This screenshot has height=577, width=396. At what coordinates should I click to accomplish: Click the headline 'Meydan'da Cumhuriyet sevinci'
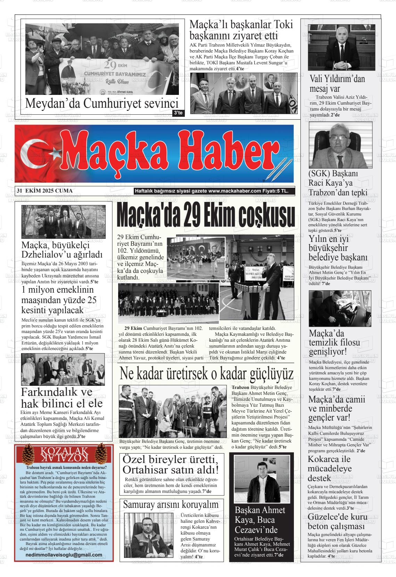pyautogui.click(x=102, y=104)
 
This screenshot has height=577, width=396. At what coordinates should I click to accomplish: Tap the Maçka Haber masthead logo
pyautogui.click(x=167, y=153)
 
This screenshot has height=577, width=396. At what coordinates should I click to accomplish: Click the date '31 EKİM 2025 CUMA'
pyautogui.click(x=44, y=191)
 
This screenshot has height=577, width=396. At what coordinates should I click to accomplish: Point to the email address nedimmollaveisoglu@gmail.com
pyautogui.click(x=64, y=555)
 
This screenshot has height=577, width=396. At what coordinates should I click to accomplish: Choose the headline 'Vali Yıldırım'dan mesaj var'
pyautogui.click(x=337, y=84)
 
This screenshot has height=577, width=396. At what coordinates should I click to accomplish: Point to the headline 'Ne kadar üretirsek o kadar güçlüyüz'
pyautogui.click(x=206, y=374)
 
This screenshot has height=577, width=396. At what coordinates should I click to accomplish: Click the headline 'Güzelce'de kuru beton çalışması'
pyautogui.click(x=338, y=522)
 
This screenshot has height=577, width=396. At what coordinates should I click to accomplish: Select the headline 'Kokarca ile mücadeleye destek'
pyautogui.click(x=329, y=468)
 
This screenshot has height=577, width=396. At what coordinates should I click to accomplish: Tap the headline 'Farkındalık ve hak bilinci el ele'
pyautogui.click(x=62, y=398)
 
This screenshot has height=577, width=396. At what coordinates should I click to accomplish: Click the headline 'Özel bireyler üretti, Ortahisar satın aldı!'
pyautogui.click(x=171, y=464)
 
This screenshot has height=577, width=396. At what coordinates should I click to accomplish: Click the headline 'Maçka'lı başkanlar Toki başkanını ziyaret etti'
pyautogui.click(x=241, y=30)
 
